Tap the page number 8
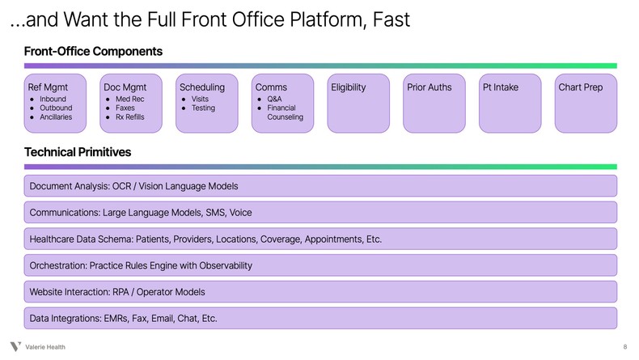624,347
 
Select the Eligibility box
358,103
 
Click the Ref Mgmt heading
48,87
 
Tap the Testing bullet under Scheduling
203,108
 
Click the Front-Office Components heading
93,52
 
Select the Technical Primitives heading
78,152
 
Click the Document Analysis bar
319,186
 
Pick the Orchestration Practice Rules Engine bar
319,265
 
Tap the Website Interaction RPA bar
319,291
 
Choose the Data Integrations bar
319,318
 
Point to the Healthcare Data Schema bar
319,239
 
